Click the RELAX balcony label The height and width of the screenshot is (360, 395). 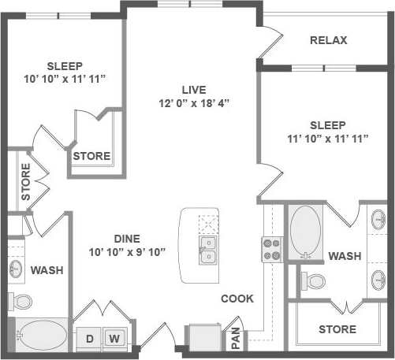(x=329, y=40)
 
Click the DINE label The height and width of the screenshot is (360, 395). (x=127, y=238)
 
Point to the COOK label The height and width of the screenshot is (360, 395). (x=237, y=299)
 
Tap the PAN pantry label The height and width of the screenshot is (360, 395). (x=235, y=338)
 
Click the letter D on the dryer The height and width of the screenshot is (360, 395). (x=90, y=339)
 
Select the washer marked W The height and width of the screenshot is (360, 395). (x=114, y=339)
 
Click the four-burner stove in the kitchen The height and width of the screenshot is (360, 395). (x=272, y=249)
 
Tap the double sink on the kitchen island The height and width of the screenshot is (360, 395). (x=208, y=250)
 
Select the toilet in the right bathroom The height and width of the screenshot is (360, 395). (x=316, y=280)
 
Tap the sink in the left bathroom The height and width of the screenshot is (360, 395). (x=17, y=269)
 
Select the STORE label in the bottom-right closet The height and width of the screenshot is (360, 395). (x=337, y=328)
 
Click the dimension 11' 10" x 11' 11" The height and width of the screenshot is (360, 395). (x=328, y=139)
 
